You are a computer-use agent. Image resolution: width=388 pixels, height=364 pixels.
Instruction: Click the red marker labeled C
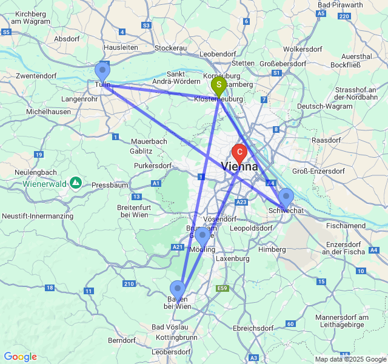click(x=240, y=152)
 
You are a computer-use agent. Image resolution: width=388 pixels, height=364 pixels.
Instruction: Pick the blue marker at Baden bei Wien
click(x=178, y=289)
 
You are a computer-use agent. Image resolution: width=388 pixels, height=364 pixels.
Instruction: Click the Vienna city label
click(x=239, y=166)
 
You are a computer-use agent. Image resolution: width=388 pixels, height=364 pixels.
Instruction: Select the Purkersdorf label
click(x=149, y=166)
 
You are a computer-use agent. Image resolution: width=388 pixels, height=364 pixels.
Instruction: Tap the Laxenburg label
click(x=232, y=258)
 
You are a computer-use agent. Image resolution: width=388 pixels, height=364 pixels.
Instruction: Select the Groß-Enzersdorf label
click(x=319, y=171)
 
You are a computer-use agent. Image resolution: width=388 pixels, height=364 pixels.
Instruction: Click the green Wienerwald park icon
click(x=76, y=182)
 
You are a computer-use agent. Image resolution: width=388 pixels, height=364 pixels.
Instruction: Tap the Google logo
click(x=20, y=357)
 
